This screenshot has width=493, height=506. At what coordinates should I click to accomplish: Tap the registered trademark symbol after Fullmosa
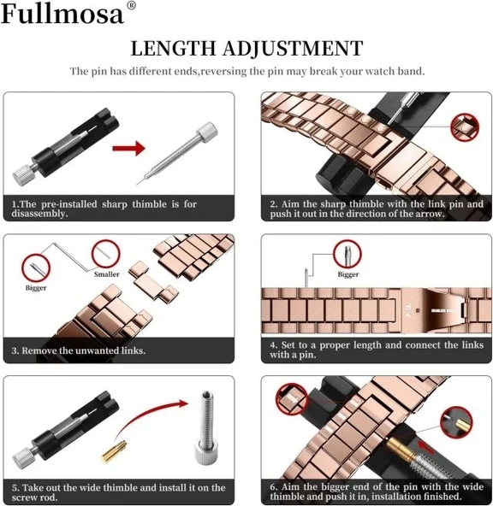click(x=131, y=7)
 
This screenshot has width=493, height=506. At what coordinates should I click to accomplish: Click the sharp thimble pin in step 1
click(x=176, y=157)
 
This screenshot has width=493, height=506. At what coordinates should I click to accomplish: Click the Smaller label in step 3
click(x=107, y=274)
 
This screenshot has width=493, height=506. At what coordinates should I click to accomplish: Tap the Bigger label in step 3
click(x=35, y=288)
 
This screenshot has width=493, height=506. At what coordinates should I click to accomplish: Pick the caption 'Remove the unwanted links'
click(x=78, y=350)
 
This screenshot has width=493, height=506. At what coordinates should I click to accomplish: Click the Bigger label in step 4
click(x=348, y=274)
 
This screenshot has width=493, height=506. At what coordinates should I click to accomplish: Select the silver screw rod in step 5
click(x=205, y=431)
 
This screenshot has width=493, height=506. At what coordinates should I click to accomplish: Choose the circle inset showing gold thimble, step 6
click(x=456, y=423)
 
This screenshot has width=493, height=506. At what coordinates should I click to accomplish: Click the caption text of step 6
click(x=376, y=491)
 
